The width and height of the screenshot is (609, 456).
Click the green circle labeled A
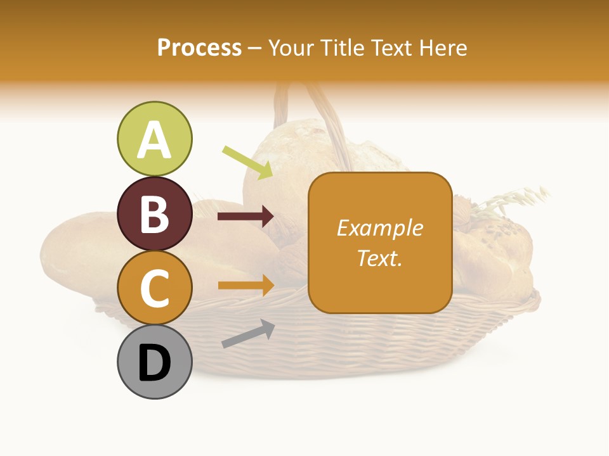[154, 139]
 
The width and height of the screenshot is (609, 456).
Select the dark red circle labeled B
[154, 213]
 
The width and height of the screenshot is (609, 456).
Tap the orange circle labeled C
[154, 288]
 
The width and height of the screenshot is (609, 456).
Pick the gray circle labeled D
[154, 362]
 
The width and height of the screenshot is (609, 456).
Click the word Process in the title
[199, 47]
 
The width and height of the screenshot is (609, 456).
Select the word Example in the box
[379, 228]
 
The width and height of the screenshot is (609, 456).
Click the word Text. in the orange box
[379, 258]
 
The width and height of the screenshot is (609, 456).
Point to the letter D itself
[154, 364]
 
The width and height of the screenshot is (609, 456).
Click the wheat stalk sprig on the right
[514, 199]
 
